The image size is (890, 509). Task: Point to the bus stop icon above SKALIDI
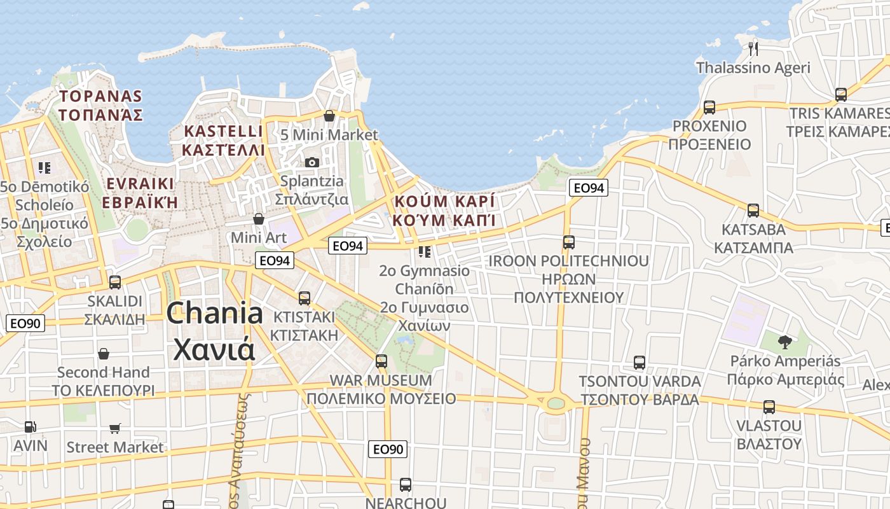point(115,282)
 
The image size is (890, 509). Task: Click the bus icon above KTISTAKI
point(305,298)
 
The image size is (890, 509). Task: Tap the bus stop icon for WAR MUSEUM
point(381,361)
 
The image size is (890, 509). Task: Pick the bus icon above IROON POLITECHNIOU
point(569,242)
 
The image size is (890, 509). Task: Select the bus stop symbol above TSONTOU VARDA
point(640,363)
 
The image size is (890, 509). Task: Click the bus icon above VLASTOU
point(769,407)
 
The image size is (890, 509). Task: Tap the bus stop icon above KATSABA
point(753,210)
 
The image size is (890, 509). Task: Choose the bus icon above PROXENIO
point(709,107)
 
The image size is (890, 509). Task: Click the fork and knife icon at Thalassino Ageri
point(753,48)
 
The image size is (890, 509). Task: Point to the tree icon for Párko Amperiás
point(785,342)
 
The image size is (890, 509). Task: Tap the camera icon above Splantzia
point(311,162)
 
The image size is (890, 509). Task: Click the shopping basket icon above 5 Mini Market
point(329,116)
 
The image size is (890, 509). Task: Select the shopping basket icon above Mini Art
point(259,219)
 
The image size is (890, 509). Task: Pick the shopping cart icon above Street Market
point(115,428)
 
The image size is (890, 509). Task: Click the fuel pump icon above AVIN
point(30,426)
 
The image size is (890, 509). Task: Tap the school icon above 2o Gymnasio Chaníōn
point(425,252)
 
